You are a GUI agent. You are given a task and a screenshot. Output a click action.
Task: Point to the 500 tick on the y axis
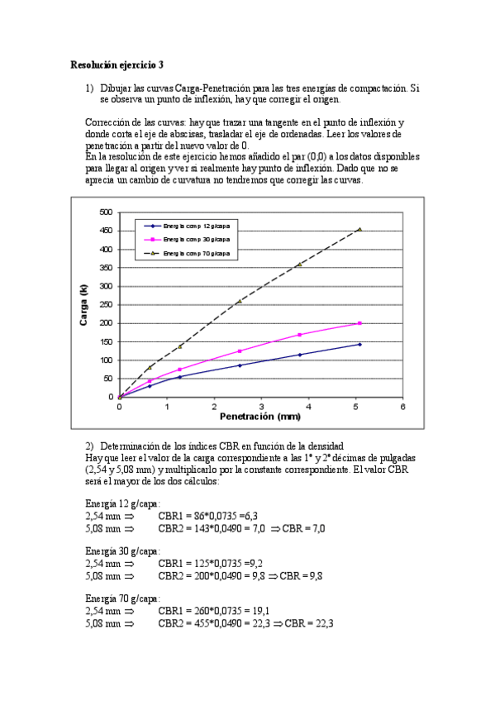(x=105, y=212)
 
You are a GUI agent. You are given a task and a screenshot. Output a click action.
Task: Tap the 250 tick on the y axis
(x=105, y=304)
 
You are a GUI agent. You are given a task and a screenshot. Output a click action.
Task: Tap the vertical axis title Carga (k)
(x=83, y=304)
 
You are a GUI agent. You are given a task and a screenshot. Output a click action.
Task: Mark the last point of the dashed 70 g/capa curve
(x=359, y=229)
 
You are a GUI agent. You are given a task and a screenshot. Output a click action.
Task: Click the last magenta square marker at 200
(x=359, y=323)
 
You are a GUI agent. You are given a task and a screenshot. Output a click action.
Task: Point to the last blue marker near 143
(x=359, y=344)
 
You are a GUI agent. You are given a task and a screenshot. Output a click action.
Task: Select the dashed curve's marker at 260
(x=240, y=301)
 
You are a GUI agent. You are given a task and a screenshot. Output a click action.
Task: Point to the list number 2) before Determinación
(x=91, y=446)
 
